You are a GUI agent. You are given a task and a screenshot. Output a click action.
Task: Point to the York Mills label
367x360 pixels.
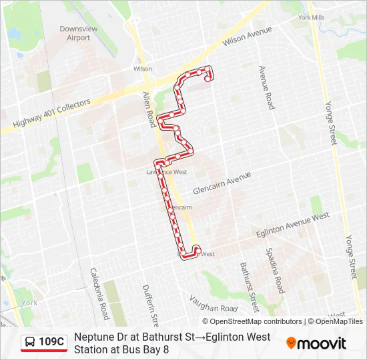[x=312, y=17]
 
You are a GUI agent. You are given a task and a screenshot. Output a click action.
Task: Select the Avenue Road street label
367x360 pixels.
[x=267, y=87]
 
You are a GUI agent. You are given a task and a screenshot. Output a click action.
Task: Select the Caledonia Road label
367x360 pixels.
[x=100, y=293]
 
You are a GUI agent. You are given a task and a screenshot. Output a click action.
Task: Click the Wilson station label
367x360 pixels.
[x=142, y=69]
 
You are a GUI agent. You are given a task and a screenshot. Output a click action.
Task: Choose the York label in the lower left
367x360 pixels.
[x=29, y=303]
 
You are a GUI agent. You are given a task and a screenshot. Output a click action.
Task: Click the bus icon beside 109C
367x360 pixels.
[x=31, y=343]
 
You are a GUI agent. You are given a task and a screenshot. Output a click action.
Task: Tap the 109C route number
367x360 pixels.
[x=51, y=343]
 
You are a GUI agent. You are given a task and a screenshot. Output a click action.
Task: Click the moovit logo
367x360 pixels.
[x=316, y=343]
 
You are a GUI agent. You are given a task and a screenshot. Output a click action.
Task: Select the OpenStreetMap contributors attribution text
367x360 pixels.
[x=256, y=321]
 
